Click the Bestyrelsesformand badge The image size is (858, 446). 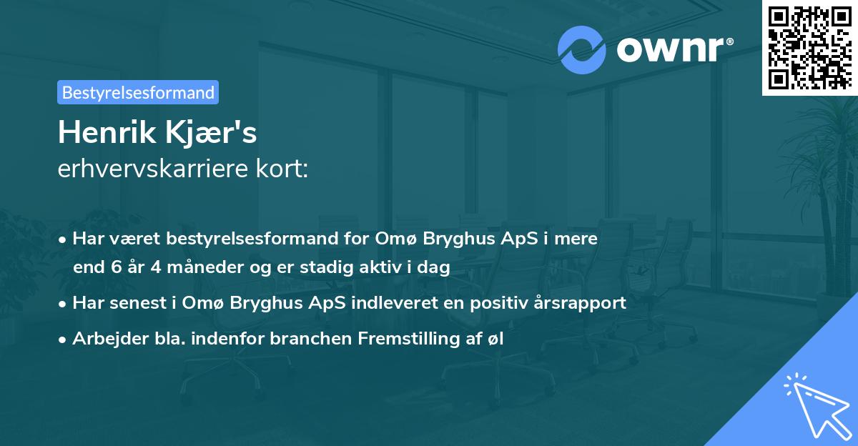138,92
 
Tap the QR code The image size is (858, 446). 809,48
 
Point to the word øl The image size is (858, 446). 495,340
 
